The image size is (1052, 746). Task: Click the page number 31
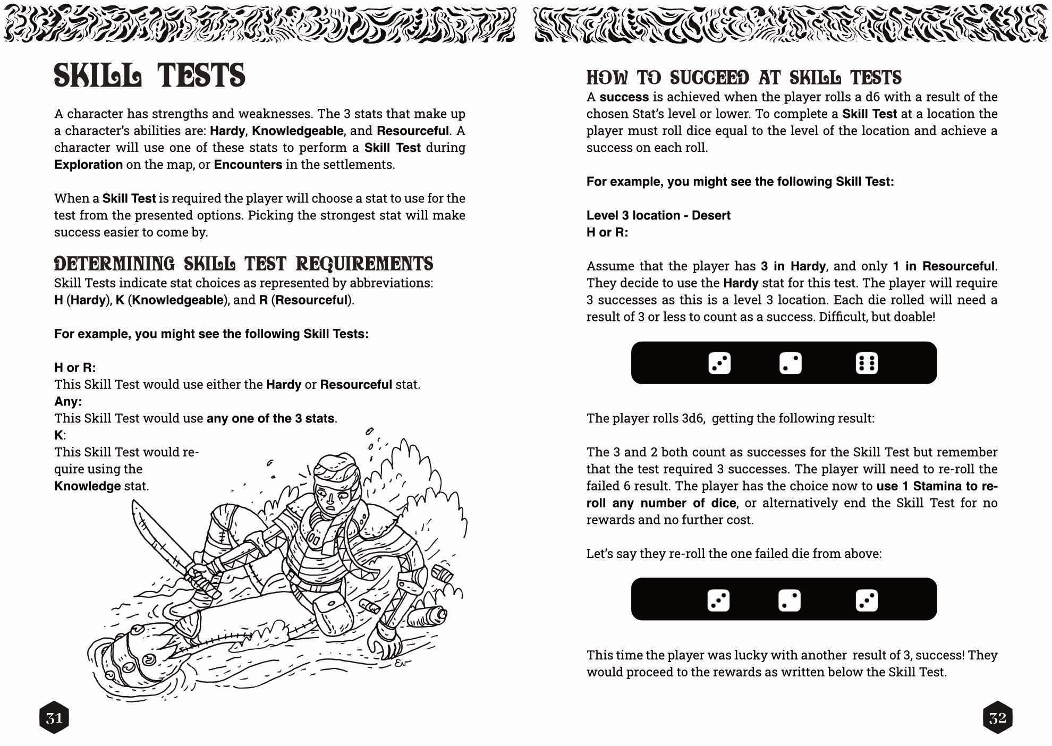click(54, 718)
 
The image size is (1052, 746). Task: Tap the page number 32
click(997, 718)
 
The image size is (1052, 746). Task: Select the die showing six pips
click(867, 363)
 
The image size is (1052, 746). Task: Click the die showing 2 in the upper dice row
click(790, 363)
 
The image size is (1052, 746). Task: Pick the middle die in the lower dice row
click(789, 600)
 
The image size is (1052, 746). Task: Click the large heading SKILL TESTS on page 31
click(149, 75)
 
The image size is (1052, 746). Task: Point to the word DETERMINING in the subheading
click(114, 264)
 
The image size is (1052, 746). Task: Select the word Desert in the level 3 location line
click(711, 215)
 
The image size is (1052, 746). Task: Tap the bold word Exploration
click(88, 165)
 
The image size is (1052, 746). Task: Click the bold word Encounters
click(248, 165)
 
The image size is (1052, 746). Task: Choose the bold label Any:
click(68, 401)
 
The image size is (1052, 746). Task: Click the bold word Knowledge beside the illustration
click(87, 486)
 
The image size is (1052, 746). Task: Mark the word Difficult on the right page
click(845, 317)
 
